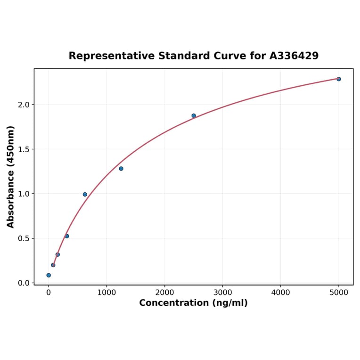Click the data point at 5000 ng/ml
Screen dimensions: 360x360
(338, 79)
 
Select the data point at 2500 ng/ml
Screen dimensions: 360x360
(194, 115)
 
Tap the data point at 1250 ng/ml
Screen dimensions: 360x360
(121, 169)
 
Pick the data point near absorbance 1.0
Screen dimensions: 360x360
(85, 194)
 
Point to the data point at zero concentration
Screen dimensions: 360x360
(49, 275)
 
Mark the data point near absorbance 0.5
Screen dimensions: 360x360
(67, 236)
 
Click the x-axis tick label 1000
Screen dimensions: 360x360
(106, 293)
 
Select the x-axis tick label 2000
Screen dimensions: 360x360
(164, 293)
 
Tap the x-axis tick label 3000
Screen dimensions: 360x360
(222, 293)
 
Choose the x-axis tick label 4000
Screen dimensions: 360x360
(281, 293)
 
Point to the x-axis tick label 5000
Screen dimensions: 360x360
(339, 293)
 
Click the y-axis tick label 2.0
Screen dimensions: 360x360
(23, 105)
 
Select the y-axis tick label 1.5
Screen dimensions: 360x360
(23, 149)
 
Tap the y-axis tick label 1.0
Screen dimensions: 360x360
(23, 194)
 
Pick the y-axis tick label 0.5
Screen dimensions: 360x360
(23, 238)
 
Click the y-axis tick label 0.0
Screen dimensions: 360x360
(23, 283)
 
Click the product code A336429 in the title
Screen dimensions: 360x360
(294, 56)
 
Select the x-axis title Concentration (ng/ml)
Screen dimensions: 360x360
(193, 303)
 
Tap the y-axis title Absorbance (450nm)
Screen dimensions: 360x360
(11, 177)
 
